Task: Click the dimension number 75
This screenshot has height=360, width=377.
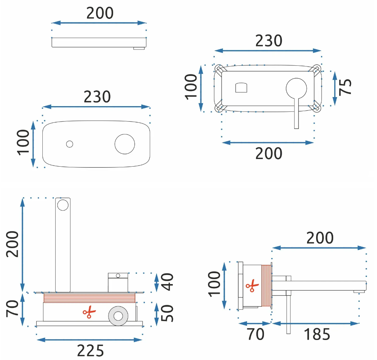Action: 345,87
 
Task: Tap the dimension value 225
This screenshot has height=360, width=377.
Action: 90,351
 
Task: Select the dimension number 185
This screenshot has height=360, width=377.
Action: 317,334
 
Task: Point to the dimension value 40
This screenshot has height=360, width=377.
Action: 168,282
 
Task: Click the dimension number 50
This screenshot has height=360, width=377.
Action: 168,313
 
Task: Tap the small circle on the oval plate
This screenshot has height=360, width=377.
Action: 70,144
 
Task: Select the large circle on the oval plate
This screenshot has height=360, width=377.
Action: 125,144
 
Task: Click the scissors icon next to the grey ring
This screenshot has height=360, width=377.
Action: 89,312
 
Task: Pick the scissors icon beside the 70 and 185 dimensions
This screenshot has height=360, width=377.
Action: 252,286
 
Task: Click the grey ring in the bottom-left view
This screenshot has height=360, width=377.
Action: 118,316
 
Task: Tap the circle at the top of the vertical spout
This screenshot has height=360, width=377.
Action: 63,205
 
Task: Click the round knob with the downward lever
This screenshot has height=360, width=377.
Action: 296,88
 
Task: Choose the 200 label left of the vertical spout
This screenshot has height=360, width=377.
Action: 12,244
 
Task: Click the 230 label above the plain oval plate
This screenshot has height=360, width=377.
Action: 97,97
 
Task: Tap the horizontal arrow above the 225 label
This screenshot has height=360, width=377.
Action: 90,340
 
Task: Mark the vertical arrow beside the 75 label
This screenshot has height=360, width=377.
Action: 334,89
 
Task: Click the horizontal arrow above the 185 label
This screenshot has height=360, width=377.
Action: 316,323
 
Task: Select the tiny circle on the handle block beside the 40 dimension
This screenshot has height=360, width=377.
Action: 118,276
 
